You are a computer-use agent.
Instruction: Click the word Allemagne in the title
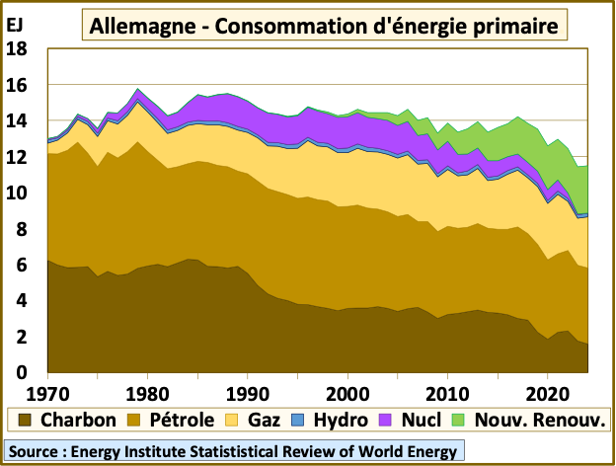coord(137,25)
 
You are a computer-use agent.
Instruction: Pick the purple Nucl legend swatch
coord(387,420)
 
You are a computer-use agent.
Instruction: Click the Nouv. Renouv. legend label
coord(539,420)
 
